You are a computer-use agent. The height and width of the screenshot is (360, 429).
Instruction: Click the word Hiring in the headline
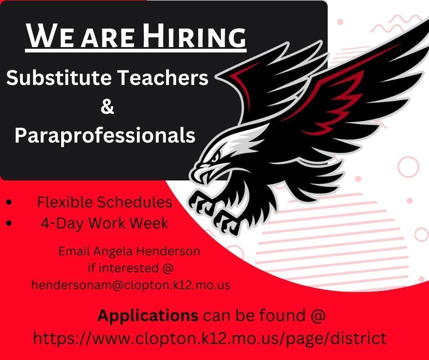point(194,35)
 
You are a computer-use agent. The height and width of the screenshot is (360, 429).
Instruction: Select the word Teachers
point(163,78)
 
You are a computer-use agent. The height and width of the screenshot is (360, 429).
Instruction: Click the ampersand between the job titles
point(107,107)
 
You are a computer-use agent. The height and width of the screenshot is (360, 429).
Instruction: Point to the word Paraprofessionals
point(105,135)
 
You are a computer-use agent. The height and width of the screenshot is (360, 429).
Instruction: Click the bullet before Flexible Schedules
point(9,202)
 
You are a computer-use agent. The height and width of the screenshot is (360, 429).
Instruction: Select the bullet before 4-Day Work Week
point(9,223)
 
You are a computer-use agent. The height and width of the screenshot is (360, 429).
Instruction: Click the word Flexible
point(65,202)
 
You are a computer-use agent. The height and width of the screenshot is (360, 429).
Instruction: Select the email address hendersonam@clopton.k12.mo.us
point(131,285)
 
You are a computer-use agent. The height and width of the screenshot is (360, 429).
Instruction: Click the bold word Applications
point(148,316)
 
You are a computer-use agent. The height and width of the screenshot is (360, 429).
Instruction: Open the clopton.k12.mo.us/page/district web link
point(209,339)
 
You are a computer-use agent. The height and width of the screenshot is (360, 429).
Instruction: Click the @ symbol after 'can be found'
point(318,316)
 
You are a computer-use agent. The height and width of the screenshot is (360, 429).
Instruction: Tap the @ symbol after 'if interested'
point(167,268)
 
